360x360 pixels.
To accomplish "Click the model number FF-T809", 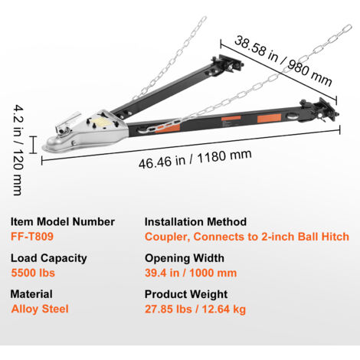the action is (x=32, y=237).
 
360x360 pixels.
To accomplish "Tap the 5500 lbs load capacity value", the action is (x=33, y=273).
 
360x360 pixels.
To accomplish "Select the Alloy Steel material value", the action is (x=40, y=309).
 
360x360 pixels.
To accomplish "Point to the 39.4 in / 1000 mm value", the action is (x=191, y=273).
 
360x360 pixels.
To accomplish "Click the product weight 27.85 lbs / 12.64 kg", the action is (x=195, y=309).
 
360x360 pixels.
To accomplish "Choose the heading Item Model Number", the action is (x=63, y=221).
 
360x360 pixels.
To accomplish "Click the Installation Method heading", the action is (x=195, y=221).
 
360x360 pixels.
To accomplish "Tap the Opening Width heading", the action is (x=185, y=258).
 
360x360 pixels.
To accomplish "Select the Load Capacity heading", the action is (x=49, y=258).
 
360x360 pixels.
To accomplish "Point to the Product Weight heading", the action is (x=186, y=294).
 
